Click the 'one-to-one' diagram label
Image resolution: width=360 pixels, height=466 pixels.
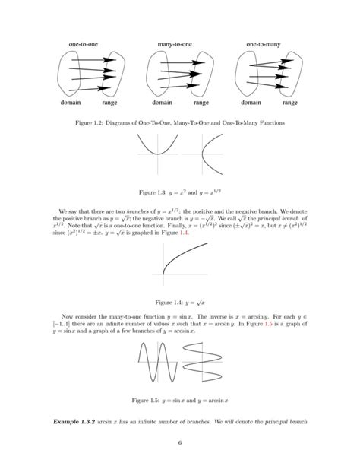coord(83,45)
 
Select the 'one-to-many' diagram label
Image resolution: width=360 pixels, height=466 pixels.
coord(264,45)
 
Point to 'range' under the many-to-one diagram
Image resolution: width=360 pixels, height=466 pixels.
coord(201,101)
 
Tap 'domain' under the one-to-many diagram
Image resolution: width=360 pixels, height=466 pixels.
coord(251,101)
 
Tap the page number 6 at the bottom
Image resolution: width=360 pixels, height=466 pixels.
coord(180,445)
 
